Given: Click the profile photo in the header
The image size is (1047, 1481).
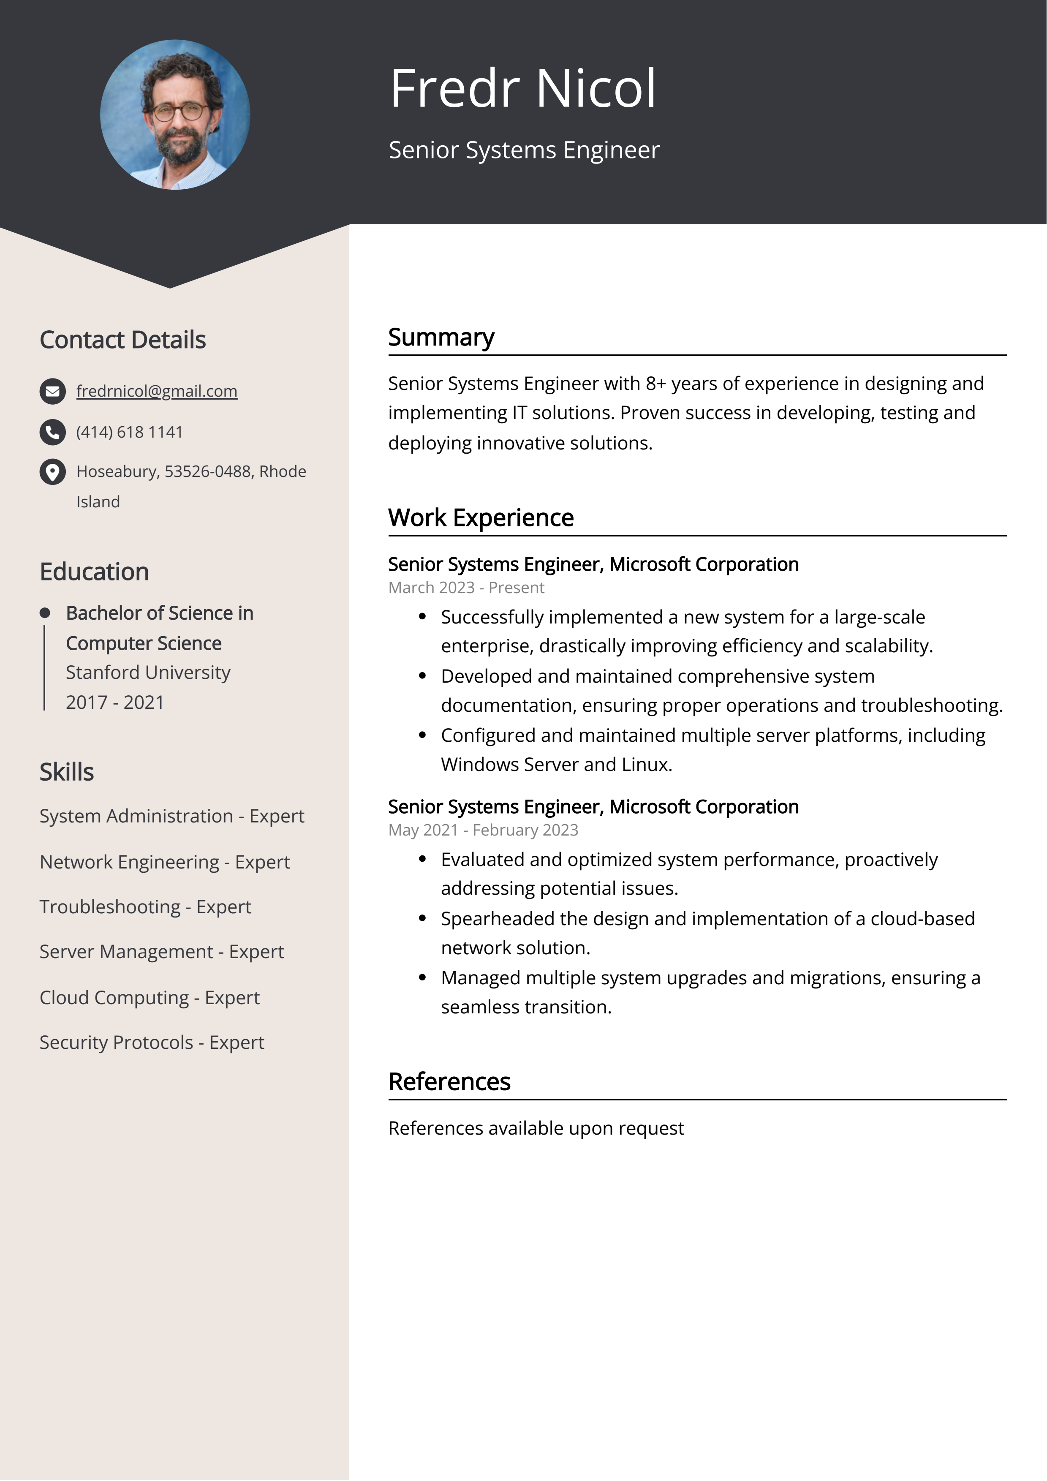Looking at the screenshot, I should click(175, 115).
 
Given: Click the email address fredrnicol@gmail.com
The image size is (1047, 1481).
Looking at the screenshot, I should click(157, 391).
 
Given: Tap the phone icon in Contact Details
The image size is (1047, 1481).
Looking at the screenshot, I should click(52, 432).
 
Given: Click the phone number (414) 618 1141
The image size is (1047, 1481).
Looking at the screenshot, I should click(129, 432).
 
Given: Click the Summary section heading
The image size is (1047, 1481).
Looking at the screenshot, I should click(441, 338).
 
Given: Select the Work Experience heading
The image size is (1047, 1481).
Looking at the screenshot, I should click(481, 518).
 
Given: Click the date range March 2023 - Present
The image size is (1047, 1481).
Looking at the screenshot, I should click(466, 588).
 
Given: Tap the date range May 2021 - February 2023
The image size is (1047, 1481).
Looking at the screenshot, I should click(483, 830).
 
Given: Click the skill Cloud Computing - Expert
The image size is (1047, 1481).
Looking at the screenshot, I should click(149, 997).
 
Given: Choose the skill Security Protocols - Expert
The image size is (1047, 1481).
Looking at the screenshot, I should click(152, 1043).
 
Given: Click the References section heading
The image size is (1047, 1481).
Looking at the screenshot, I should click(449, 1082).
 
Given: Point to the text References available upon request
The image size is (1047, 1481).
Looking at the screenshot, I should click(536, 1128).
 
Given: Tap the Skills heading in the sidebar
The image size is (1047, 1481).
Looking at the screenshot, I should click(66, 772).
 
